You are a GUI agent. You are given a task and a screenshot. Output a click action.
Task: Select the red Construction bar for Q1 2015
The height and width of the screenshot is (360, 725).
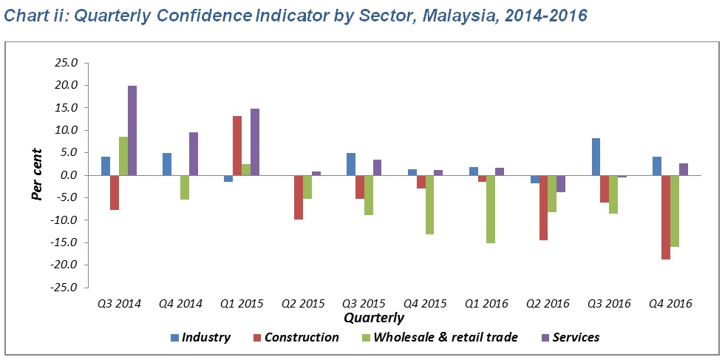[x=236, y=146]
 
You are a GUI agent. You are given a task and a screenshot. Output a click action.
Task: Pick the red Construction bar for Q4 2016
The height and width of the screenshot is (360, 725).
[x=666, y=217]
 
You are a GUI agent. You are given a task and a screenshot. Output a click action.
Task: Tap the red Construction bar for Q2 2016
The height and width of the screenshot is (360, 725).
[x=543, y=208]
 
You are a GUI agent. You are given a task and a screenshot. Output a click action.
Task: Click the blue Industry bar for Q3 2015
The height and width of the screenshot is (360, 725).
[x=351, y=164]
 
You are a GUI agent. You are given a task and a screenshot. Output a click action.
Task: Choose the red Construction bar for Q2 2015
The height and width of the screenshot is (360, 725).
[x=299, y=197]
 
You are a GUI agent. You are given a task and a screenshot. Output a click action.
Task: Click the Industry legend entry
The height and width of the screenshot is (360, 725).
[x=201, y=338]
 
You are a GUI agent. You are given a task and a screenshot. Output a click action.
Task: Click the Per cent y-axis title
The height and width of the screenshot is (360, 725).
[x=36, y=175]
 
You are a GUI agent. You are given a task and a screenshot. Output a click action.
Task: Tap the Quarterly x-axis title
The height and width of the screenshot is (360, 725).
[x=374, y=319]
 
